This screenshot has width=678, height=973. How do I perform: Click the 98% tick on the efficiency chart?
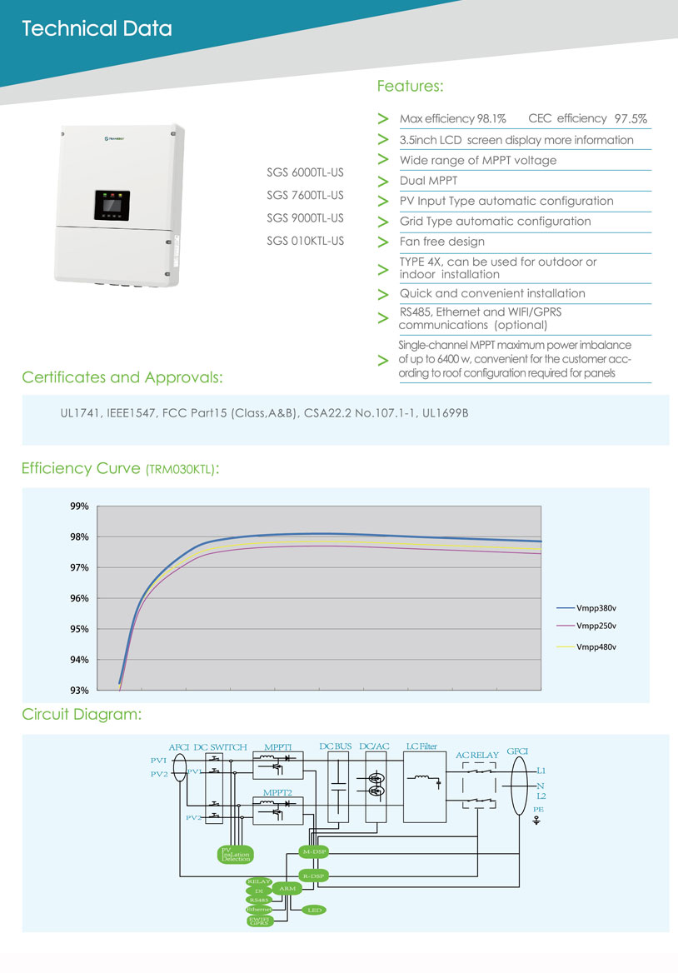pos(79,537)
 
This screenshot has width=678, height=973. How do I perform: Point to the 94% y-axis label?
pos(79,660)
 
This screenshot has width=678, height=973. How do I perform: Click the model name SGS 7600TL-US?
pos(305,196)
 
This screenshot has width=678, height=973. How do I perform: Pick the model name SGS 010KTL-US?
pos(305,242)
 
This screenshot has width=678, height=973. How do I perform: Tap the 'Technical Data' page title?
pos(97,29)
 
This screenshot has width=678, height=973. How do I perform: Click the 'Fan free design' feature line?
pos(442,242)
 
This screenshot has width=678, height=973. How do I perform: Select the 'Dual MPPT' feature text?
pos(428,180)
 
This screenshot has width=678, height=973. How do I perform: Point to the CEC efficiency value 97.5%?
pos(631,119)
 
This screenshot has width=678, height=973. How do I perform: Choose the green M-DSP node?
pos(314,852)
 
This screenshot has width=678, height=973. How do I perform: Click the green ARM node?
pos(287,889)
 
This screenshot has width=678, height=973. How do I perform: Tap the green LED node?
pos(314,911)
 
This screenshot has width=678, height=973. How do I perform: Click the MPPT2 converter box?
pos(277,810)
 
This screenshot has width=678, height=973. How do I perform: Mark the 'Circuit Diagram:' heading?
pos(81,715)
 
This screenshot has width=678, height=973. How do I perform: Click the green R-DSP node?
pos(314,876)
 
